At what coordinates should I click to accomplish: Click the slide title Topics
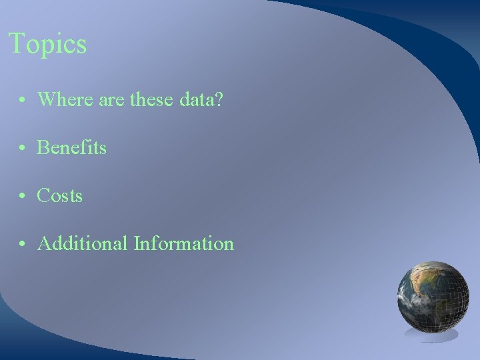point(47,45)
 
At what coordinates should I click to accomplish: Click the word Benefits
point(72,147)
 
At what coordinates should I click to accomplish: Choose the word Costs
point(60,195)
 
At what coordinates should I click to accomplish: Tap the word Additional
point(83,243)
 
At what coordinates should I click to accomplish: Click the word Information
point(183,243)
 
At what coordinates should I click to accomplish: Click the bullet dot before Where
point(23,101)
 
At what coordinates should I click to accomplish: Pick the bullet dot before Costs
point(23,197)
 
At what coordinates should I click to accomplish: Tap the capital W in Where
point(46,100)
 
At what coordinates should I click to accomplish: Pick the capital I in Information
point(137,243)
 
